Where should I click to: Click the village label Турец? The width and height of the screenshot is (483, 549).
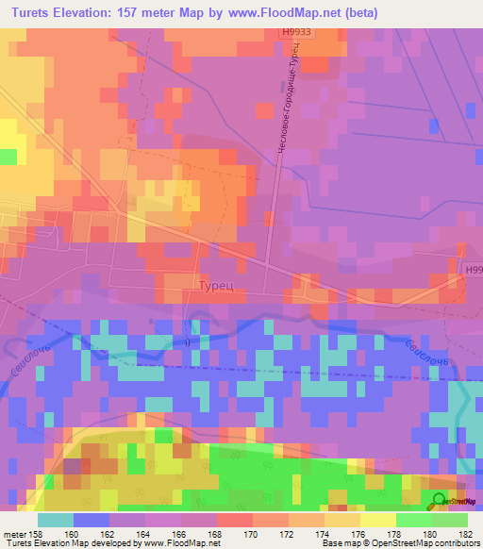[216, 284]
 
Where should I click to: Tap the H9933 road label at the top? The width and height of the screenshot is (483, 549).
[295, 31]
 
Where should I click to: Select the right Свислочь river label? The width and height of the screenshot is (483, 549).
[419, 356]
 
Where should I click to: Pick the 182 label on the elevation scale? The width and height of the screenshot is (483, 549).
[467, 533]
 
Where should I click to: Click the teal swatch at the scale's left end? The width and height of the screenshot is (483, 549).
[56, 520]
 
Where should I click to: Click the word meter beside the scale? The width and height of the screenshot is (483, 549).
[13, 533]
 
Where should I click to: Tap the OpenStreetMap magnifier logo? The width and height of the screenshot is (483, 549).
[438, 502]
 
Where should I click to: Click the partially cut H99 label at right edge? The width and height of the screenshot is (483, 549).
[473, 270]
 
